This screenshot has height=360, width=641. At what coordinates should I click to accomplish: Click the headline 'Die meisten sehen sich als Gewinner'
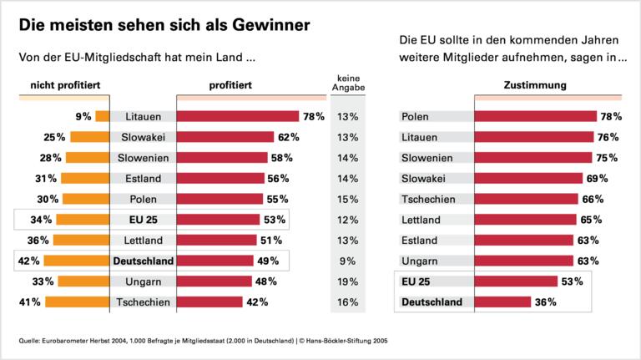coord(165,25)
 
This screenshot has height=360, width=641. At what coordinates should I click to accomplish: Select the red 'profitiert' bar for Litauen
coord(238,117)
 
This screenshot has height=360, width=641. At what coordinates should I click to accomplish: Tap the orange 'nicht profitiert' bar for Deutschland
coord(84,261)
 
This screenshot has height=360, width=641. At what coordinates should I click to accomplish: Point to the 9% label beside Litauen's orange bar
coord(83,117)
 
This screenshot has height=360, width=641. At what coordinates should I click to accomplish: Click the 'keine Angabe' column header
coord(346,84)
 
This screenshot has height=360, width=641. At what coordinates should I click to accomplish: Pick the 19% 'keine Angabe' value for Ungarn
coord(346,281)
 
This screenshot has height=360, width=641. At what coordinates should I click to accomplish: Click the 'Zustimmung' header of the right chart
coord(535,85)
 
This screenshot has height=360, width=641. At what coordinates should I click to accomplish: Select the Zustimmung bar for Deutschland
coord(502,302)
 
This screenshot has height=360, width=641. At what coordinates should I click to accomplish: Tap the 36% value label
coord(545,302)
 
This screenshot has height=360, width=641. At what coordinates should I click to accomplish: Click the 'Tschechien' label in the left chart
coord(143,302)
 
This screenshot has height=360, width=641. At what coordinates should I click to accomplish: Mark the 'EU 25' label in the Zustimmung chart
coord(416,281)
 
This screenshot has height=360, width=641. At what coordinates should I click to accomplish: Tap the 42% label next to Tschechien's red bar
coord(257,302)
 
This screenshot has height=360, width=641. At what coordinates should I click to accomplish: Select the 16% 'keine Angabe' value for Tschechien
coord(346,302)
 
